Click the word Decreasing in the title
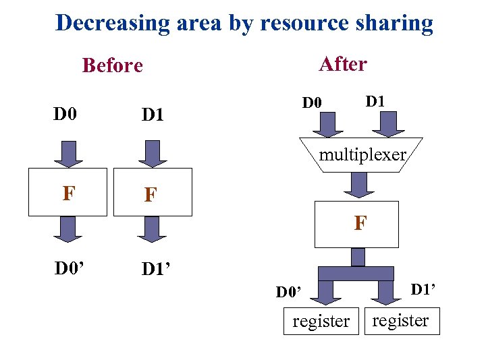(113, 23)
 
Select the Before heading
(112, 65)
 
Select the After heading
(343, 64)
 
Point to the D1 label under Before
(153, 115)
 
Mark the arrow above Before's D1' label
(152, 229)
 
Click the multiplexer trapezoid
(362, 155)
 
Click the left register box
(321, 322)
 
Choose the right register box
(400, 321)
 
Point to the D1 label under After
(375, 101)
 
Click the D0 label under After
(313, 103)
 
